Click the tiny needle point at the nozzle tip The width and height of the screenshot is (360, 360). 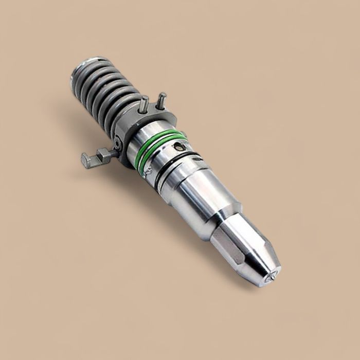pos(270,277)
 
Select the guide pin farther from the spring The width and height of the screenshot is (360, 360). pos(161,100)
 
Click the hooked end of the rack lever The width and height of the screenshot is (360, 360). pos(85,160)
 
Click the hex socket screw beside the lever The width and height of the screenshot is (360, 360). pos(118,145)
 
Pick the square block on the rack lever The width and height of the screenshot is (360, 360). pos(103,154)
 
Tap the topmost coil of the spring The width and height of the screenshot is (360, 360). pos(87,72)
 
